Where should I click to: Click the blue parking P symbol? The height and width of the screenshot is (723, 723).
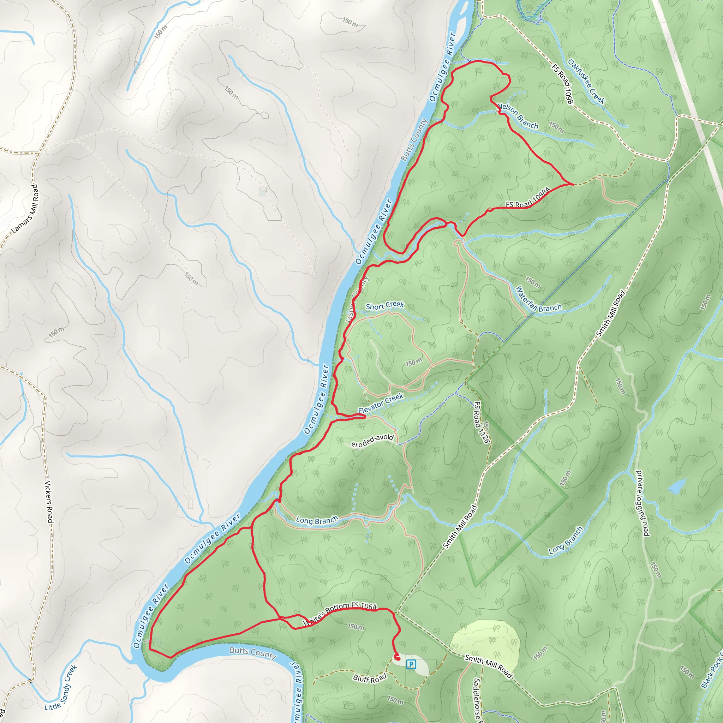(411, 665)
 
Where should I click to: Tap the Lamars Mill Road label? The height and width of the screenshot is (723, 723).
(25, 209)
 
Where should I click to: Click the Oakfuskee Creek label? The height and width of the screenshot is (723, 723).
(586, 81)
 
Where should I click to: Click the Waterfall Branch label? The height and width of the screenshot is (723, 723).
(538, 300)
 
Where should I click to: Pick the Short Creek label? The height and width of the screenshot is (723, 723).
(385, 305)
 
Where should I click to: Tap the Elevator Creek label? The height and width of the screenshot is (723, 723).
(381, 403)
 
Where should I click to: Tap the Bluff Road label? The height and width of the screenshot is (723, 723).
(369, 679)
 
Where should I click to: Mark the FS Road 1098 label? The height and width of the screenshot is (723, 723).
(562, 84)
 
